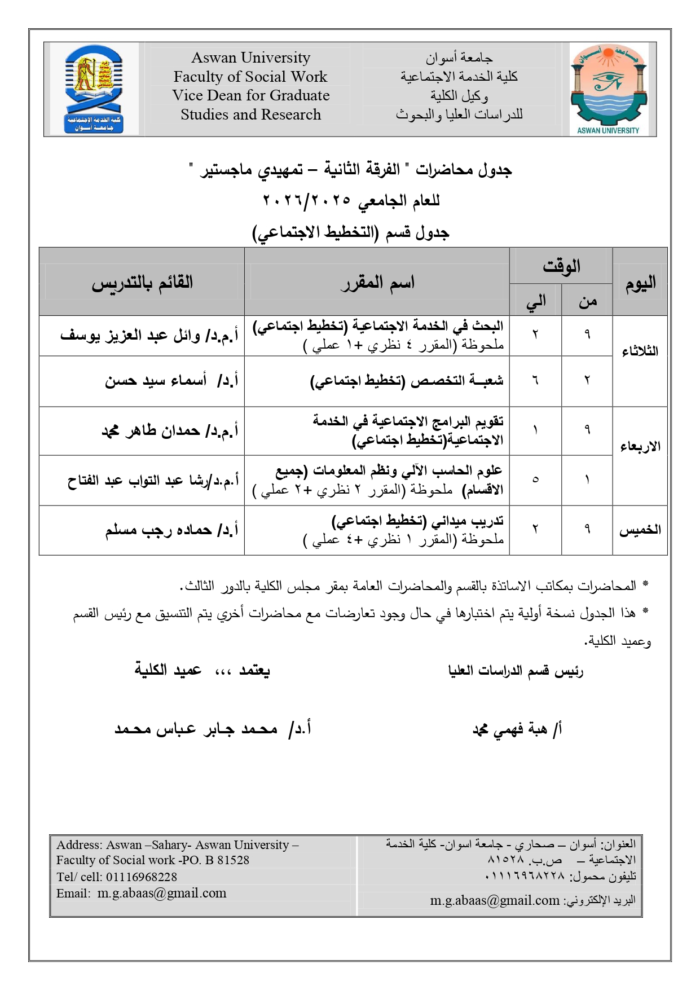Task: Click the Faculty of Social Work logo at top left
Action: click(x=94, y=89)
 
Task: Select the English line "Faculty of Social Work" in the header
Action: click(x=250, y=77)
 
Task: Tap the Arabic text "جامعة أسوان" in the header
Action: click(x=459, y=58)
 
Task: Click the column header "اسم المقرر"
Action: click(x=377, y=282)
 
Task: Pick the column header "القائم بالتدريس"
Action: click(x=142, y=282)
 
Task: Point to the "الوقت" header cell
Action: click(x=561, y=266)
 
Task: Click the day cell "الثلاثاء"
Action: click(x=640, y=351)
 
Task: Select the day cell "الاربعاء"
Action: click(x=640, y=447)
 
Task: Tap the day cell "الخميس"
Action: click(x=640, y=530)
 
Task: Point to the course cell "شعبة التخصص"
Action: click(x=406, y=381)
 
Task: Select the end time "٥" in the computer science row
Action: click(x=535, y=480)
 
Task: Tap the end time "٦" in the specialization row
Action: click(x=535, y=381)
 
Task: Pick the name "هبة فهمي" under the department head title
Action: click(x=510, y=730)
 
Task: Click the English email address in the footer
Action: click(x=162, y=894)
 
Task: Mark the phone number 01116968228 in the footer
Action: click(x=142, y=877)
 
